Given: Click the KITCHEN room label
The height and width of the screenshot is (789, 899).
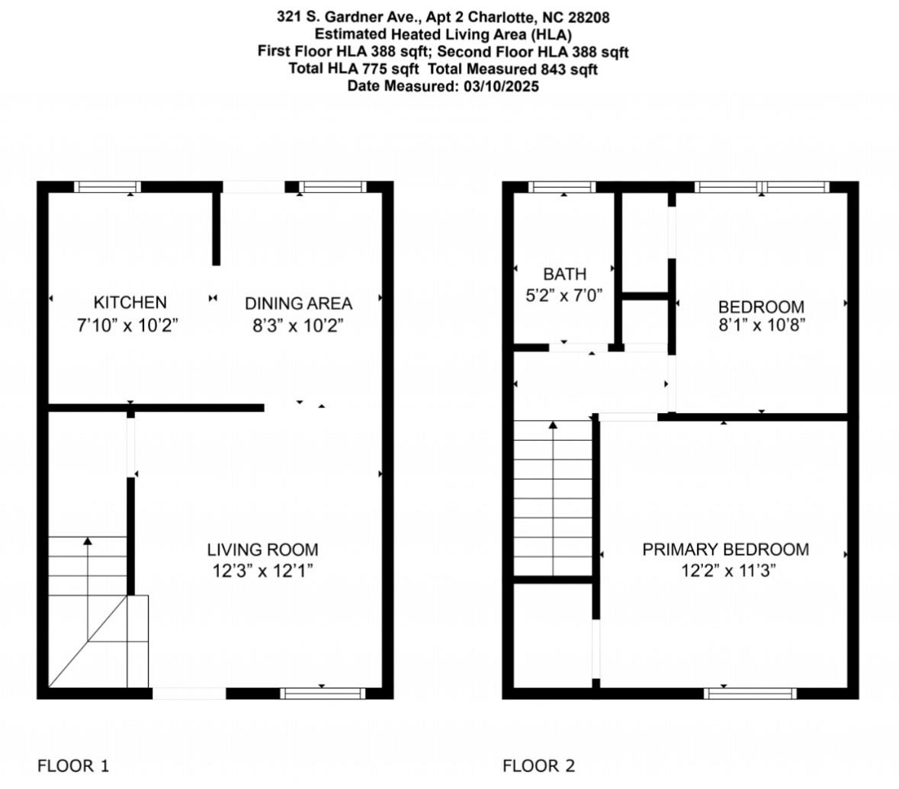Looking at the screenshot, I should (130, 303).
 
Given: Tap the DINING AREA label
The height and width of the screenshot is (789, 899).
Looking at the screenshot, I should (298, 303).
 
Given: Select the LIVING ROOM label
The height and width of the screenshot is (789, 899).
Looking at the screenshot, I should (263, 550).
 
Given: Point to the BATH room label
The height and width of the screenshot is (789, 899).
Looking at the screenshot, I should (565, 274).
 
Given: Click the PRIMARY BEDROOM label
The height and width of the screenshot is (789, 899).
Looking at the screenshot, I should (725, 550).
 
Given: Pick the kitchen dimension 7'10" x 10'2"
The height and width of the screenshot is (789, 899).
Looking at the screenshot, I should (127, 326).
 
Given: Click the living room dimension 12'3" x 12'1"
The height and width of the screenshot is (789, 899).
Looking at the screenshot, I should (263, 571).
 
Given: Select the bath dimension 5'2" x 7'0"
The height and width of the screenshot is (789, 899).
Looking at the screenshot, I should (565, 296).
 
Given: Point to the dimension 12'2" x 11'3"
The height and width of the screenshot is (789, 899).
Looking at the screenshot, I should (728, 571).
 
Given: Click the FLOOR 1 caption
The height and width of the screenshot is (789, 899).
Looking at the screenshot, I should (73, 765).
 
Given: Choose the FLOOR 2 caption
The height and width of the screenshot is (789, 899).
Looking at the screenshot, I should (538, 765).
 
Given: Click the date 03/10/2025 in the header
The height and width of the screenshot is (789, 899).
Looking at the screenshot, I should (500, 86).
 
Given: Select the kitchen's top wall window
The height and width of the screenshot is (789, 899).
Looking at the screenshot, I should (108, 187).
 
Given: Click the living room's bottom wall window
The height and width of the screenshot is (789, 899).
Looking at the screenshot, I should (323, 693).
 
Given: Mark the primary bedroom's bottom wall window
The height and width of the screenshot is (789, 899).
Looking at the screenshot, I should (750, 693).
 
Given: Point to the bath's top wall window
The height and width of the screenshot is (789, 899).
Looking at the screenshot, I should (563, 187).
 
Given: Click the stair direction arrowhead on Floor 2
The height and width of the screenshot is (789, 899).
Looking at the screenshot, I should (553, 425).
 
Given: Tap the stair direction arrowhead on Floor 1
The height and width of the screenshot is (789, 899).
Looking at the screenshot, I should (88, 541).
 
